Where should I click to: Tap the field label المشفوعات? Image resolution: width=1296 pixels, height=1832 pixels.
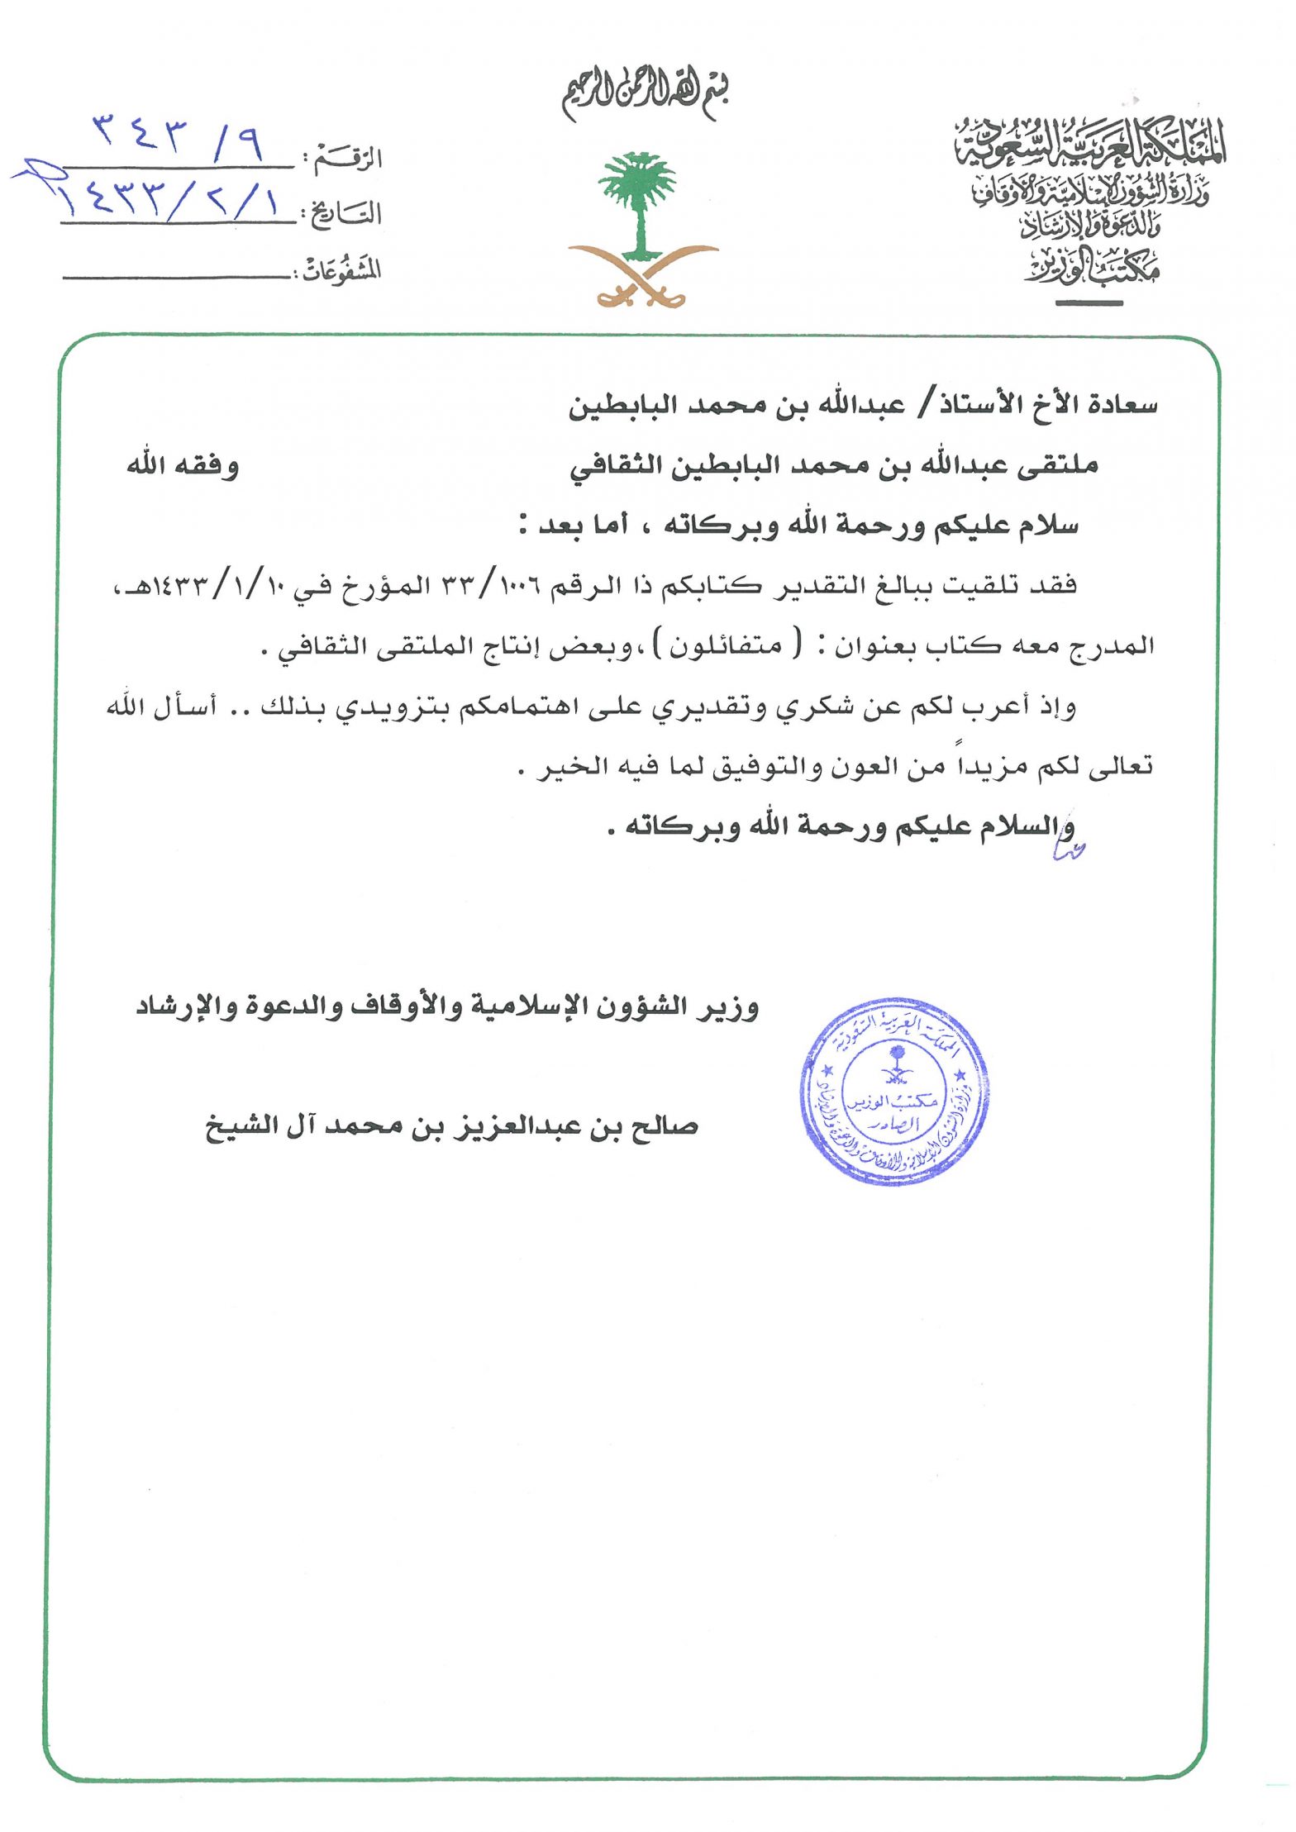coord(341,269)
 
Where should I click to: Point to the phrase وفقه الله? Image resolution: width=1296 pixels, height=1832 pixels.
coord(183,465)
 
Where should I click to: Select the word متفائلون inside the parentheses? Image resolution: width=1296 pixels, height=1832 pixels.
coord(726,645)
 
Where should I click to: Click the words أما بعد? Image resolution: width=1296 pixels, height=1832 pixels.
coord(583,525)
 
